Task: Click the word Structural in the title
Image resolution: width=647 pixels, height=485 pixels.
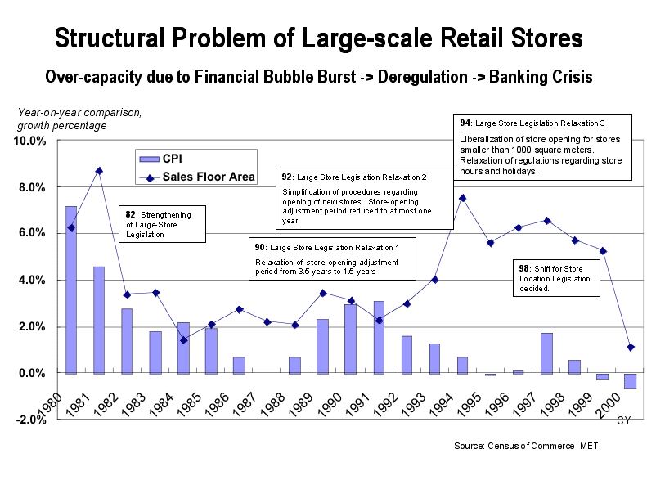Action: tap(110, 38)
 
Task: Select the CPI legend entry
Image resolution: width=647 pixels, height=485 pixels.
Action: tap(161, 159)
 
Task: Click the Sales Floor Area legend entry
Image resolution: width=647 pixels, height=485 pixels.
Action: tap(197, 177)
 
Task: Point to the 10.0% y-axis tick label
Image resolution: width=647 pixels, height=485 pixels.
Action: tap(29, 141)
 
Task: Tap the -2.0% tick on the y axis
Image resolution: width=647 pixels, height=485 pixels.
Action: tap(31, 420)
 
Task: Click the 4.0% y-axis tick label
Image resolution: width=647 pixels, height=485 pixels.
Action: tap(32, 280)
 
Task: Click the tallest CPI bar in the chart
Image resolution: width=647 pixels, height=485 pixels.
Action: tap(71, 290)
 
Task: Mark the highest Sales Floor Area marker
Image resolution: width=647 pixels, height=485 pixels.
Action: tap(99, 171)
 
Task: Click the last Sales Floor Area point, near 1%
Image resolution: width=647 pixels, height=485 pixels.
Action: tap(631, 348)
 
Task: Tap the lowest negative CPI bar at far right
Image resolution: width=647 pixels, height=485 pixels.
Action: tap(631, 381)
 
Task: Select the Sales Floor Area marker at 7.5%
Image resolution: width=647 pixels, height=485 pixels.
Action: tap(463, 199)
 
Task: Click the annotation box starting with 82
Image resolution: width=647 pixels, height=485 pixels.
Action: tap(162, 224)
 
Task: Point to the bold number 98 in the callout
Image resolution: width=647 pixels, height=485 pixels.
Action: tap(523, 268)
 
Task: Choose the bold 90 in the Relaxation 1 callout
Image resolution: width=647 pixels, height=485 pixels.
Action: tap(259, 247)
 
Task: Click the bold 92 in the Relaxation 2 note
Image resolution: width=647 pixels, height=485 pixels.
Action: tap(287, 177)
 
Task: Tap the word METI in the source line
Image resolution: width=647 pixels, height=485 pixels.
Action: tap(591, 446)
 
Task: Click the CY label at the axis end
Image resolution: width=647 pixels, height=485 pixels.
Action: tap(623, 420)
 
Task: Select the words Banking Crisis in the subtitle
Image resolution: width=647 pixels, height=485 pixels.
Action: tap(541, 77)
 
